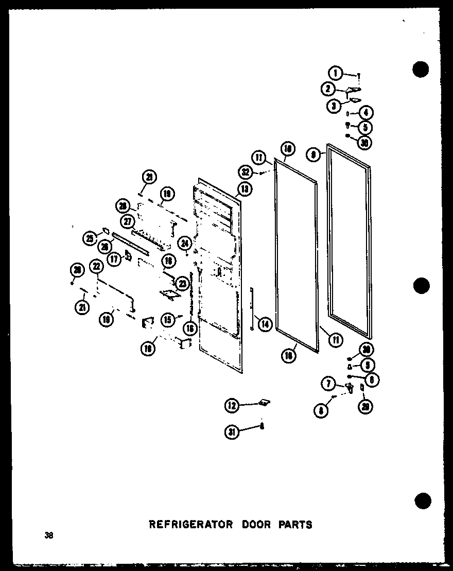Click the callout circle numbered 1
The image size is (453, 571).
click(x=336, y=74)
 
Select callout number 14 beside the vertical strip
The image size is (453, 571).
click(x=265, y=324)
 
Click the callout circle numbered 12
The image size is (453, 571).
click(x=232, y=406)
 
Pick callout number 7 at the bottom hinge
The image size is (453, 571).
click(x=328, y=384)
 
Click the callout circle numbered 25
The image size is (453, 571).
click(x=91, y=238)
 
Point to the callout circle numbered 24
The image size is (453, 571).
click(x=185, y=242)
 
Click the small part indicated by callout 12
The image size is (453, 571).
click(x=266, y=402)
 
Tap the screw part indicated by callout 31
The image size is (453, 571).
click(x=262, y=426)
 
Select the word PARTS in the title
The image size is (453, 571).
click(x=295, y=525)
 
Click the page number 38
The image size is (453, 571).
click(x=49, y=535)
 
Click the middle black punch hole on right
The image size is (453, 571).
click(x=421, y=285)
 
